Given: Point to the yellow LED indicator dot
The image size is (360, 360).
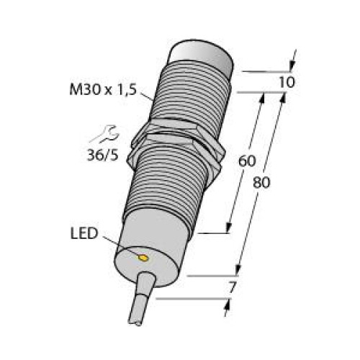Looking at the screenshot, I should coord(143,257).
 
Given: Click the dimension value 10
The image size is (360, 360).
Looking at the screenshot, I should coord(285,82).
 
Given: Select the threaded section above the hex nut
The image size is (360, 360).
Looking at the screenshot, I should coord(191,97).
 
